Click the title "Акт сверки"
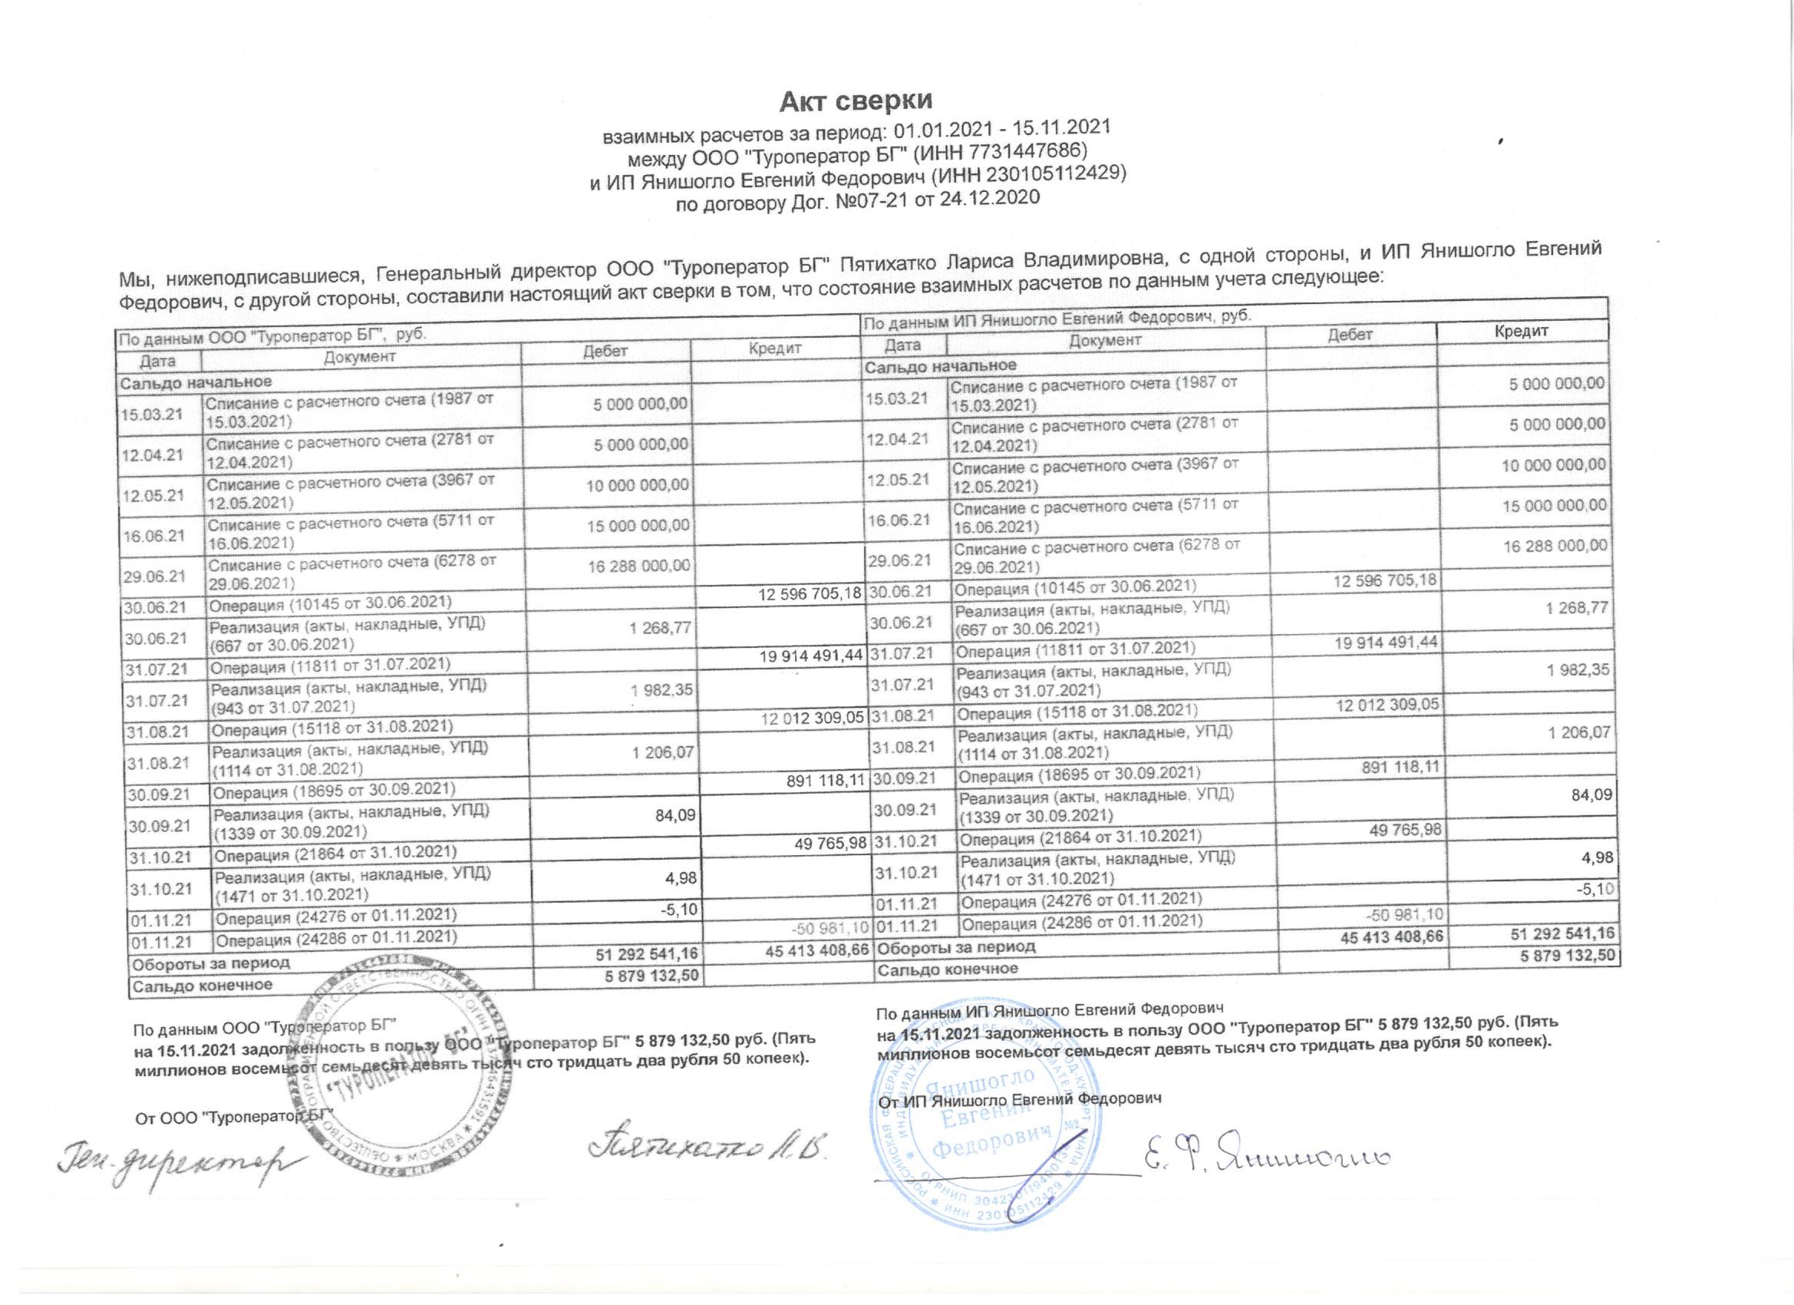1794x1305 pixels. click(x=856, y=101)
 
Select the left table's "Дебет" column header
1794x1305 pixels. click(x=605, y=352)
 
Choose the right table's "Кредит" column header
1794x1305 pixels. click(x=1521, y=331)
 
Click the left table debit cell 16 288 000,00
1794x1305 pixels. click(x=638, y=566)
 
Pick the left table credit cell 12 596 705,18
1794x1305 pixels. click(x=810, y=593)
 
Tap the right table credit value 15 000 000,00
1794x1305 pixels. click(x=1555, y=505)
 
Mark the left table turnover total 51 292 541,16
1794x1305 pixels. click(x=646, y=955)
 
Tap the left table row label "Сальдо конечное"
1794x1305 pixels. click(x=203, y=986)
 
